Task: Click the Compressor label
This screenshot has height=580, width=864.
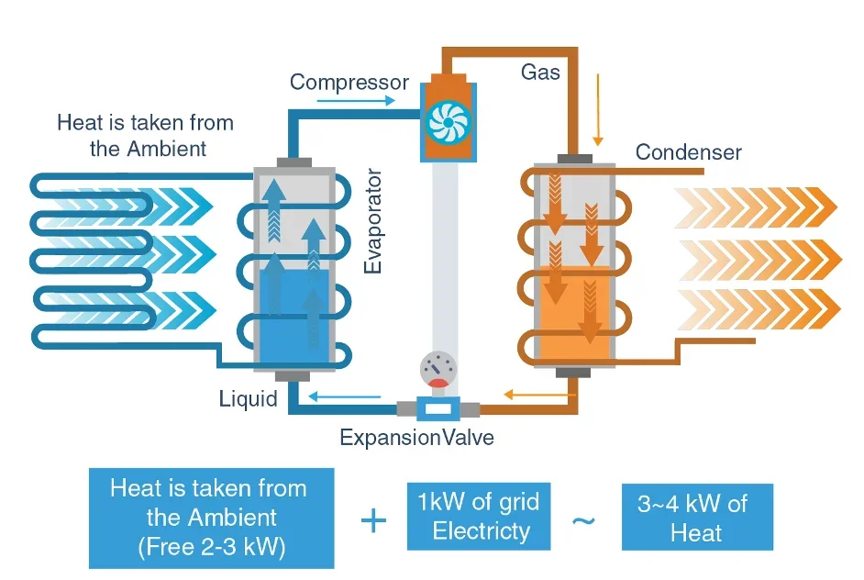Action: [x=349, y=83]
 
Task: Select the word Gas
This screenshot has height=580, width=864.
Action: [x=540, y=72]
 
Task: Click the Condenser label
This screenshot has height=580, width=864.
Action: [x=688, y=152]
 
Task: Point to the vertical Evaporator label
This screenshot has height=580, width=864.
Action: [x=372, y=220]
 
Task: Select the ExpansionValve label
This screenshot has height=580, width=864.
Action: [x=416, y=438]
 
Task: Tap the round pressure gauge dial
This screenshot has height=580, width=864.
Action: [x=437, y=369]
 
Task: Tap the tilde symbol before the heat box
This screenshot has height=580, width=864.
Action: [x=583, y=520]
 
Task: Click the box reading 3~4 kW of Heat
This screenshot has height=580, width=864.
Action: [x=697, y=517]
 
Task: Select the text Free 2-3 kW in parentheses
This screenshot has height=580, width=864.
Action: [x=211, y=548]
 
